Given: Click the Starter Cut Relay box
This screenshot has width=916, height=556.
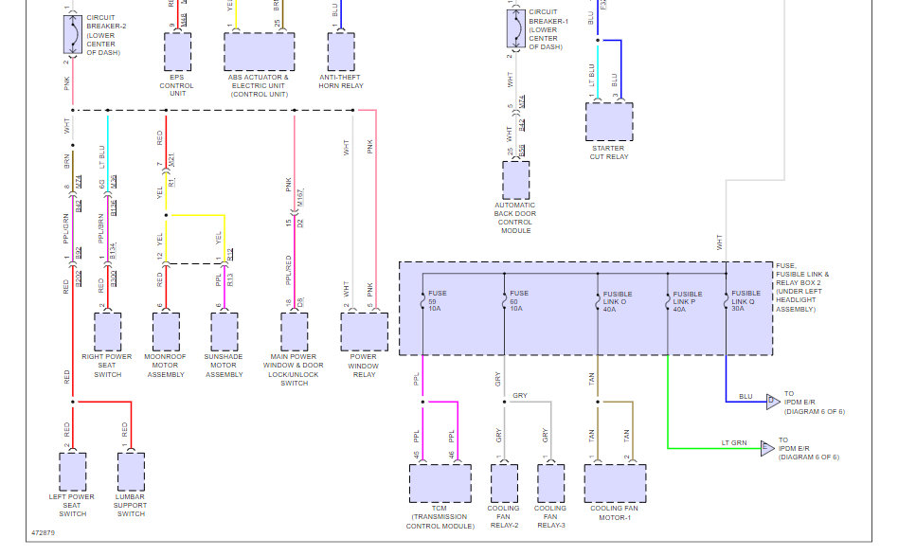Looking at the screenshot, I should click(x=608, y=121).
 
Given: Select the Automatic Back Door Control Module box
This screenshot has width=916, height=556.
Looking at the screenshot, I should click(x=515, y=180).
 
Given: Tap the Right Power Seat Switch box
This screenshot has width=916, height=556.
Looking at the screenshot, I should click(x=107, y=332).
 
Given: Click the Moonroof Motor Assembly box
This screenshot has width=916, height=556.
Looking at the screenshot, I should click(x=166, y=332).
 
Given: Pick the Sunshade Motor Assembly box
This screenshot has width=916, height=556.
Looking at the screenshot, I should click(x=225, y=332).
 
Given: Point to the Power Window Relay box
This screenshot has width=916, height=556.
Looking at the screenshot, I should click(x=364, y=332).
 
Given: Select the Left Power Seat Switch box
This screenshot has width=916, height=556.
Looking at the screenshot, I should click(x=72, y=471).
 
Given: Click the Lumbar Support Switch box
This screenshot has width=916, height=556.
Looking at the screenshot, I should click(x=131, y=471).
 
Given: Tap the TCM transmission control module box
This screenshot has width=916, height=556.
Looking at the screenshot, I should click(x=440, y=483).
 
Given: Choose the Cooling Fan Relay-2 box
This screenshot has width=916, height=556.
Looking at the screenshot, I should click(x=503, y=483).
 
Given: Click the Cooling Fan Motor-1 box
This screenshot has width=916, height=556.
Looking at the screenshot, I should click(x=615, y=483).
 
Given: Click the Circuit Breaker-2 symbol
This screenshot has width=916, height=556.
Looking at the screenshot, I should click(x=72, y=35).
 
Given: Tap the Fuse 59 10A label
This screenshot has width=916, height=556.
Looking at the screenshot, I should click(x=438, y=300).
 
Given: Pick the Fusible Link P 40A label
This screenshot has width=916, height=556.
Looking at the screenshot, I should click(x=687, y=300).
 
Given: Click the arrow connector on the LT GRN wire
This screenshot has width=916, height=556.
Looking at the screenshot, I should click(x=767, y=448).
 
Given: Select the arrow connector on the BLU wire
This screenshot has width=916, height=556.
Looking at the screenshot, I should click(x=772, y=402).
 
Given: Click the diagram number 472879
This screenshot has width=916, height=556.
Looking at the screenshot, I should click(x=43, y=533).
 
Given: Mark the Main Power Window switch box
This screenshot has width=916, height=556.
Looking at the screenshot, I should click(x=294, y=332).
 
